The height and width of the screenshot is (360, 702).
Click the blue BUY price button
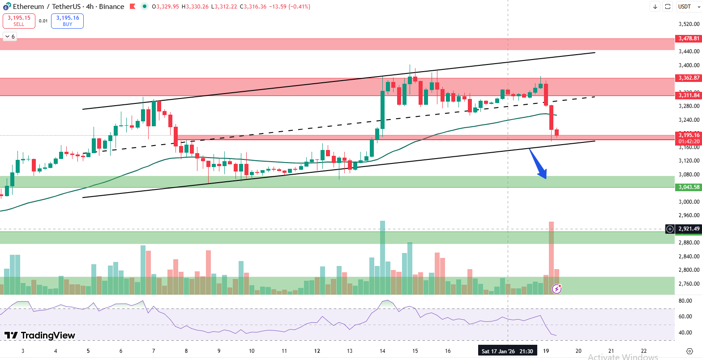coord(67,21)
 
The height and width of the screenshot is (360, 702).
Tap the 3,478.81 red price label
coord(689,39)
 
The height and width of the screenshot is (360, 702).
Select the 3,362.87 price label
coord(689,78)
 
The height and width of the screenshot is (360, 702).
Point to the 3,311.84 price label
coord(689,95)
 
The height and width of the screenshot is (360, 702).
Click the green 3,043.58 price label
coord(689,187)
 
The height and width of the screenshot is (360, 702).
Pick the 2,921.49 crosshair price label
coord(689,229)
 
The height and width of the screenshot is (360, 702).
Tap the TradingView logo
coord(40,335)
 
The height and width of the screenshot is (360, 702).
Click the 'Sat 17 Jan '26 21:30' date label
coord(507,351)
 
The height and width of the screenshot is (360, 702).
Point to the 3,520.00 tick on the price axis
coord(689,24)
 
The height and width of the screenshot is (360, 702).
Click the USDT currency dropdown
coord(685,6)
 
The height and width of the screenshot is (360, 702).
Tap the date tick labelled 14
coord(382,351)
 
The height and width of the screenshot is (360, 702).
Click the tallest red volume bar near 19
coord(551,257)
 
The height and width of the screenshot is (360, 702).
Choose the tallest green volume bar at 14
coord(382,257)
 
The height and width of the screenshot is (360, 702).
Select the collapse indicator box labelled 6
coord(9,37)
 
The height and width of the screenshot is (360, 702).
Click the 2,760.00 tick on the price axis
coord(689,284)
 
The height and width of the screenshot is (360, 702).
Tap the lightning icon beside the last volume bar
coord(556,289)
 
